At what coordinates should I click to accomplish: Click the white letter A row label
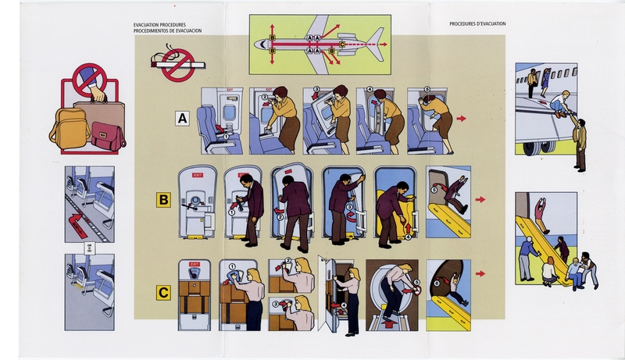tap(183, 119)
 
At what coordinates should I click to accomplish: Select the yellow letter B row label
tap(164, 200)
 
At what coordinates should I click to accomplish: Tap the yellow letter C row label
tap(164, 294)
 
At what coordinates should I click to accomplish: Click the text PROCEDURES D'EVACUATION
tap(477, 24)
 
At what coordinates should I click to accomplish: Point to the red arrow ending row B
tap(480, 200)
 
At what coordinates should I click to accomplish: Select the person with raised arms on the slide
tap(540, 213)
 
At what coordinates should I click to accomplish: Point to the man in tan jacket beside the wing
tap(578, 142)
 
